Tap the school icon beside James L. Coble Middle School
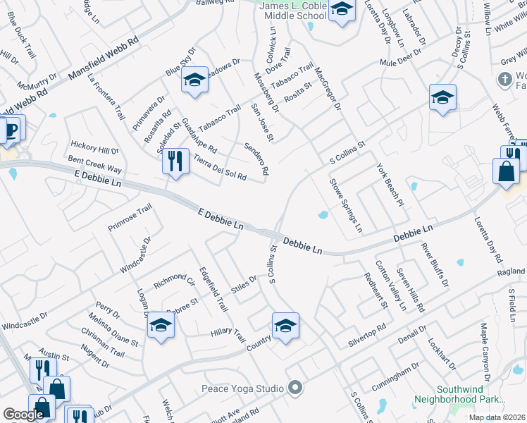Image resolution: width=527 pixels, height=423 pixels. tap(342, 10)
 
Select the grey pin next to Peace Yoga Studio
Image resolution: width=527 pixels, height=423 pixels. tap(296, 388)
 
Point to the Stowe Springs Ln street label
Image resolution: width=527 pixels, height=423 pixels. tap(346, 205)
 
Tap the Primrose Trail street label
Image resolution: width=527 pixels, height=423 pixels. tap(130, 218)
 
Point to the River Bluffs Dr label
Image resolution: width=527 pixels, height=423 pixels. tap(434, 265)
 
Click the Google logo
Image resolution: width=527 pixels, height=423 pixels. tap(23, 415)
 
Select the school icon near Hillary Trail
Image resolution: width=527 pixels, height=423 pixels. tap(285, 325)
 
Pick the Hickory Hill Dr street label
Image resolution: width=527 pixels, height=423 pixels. tap(94, 150)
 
